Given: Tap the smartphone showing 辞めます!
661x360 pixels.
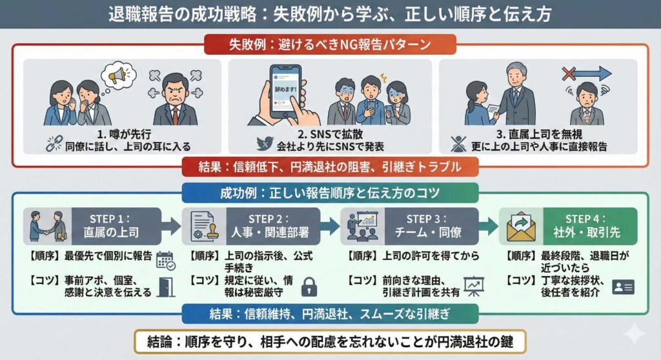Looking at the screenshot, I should (288, 94).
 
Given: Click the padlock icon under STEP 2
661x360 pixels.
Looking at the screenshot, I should (309, 286).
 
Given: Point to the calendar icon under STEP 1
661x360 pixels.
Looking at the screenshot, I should (165, 260).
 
